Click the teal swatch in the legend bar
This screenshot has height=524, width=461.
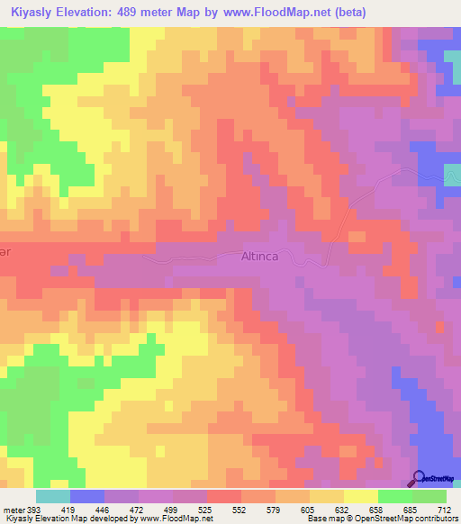point(52,496)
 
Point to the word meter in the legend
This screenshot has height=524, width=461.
point(14,510)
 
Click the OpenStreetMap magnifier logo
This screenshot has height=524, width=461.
point(420,478)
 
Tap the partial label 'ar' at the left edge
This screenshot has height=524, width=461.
point(5,253)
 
